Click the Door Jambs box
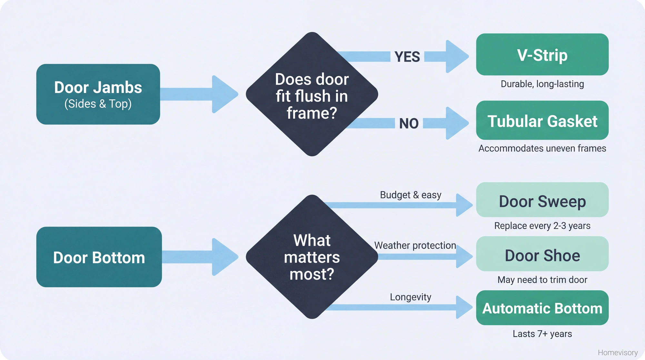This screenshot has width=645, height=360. point(98,94)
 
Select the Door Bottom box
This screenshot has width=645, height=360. point(99,257)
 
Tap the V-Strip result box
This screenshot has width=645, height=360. point(542,55)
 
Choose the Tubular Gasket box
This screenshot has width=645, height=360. point(542,120)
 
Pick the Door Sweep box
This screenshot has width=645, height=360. point(542,200)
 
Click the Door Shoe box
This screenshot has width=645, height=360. point(542,254)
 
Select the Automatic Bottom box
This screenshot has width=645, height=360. point(542,308)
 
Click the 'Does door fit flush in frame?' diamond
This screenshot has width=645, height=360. point(312,95)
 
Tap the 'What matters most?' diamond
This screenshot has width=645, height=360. point(312,257)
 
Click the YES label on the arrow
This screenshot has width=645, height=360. point(407,57)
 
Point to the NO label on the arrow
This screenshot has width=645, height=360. point(409,124)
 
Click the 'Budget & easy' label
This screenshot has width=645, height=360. point(410,195)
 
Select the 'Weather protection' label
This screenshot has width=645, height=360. point(415,245)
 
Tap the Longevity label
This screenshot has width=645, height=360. point(410,297)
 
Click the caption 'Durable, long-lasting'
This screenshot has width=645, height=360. point(542,84)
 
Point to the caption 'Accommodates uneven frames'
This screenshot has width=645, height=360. point(542,148)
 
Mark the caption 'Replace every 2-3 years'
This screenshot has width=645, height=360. point(542,226)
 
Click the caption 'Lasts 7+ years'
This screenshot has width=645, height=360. point(542,334)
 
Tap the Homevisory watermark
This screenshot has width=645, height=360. point(617,353)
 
